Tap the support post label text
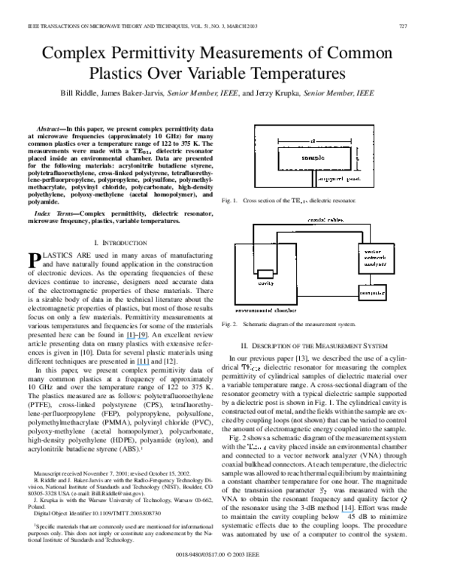click(340, 180)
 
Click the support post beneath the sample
click(313, 180)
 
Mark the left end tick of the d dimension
click(278, 140)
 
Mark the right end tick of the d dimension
click(351, 140)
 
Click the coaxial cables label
click(326, 220)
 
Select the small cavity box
click(265, 273)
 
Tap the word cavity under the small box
click(265, 284)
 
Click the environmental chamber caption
click(265, 310)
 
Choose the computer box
click(372, 291)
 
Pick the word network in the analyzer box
click(374, 258)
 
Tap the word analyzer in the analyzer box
click(374, 265)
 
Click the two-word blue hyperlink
click(136, 339)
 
